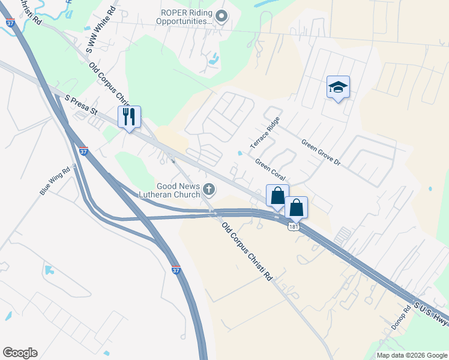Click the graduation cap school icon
tap(338, 88)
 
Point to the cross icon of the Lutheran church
tap(209, 190)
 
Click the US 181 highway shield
tap(292, 226)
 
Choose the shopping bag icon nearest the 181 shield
tap(296, 208)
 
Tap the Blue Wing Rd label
tap(55, 181)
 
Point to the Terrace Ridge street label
tap(265, 134)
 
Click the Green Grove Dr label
tap(321, 153)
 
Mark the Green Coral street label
tap(270, 170)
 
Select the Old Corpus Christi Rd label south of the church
tap(247, 252)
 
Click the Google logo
tap(20, 353)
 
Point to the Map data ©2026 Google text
tap(411, 355)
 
